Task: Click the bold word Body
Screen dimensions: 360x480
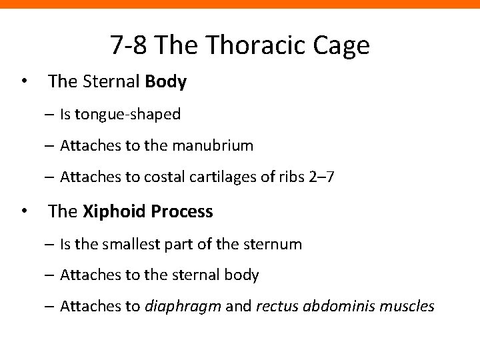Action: tap(165, 82)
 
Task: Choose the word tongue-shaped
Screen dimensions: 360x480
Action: tap(127, 115)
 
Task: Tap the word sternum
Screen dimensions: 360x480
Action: tap(275, 245)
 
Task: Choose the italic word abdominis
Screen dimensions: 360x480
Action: tap(341, 307)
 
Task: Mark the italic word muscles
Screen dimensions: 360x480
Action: tap(409, 307)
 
